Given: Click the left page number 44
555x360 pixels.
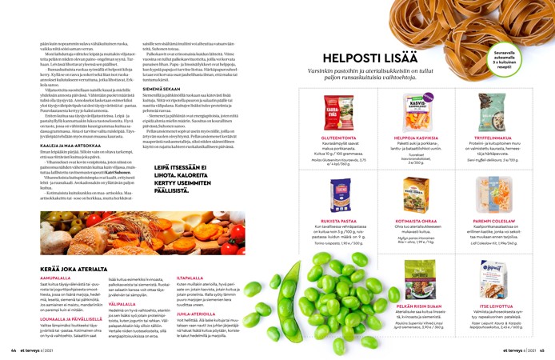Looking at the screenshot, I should pos(14,350).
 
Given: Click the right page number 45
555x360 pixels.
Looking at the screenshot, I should pos(541,350).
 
